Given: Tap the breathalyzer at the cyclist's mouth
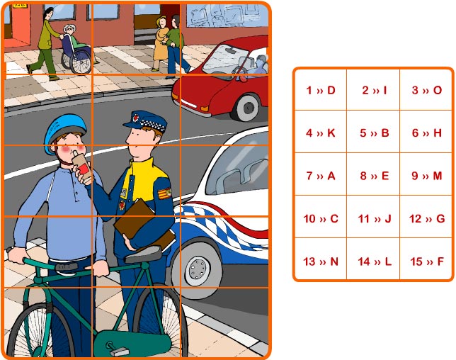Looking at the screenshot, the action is [x=82, y=166].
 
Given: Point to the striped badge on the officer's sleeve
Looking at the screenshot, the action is [x=164, y=193].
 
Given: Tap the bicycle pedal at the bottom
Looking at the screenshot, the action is [x=119, y=351].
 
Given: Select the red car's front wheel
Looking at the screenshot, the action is [x=248, y=108].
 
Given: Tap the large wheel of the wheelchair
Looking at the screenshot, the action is [x=80, y=62].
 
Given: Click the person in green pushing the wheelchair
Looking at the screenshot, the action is [x=45, y=44].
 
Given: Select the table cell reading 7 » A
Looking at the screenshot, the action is [x=321, y=176].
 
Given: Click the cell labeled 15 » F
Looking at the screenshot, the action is [x=427, y=261].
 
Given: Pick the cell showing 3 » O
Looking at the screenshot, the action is [x=427, y=90].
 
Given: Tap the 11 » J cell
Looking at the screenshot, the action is [x=375, y=218].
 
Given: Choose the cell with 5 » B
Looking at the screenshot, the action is [x=375, y=133].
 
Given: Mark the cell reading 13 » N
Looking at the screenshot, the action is [x=321, y=261].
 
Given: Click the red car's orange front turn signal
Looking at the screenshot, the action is [x=205, y=108].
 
